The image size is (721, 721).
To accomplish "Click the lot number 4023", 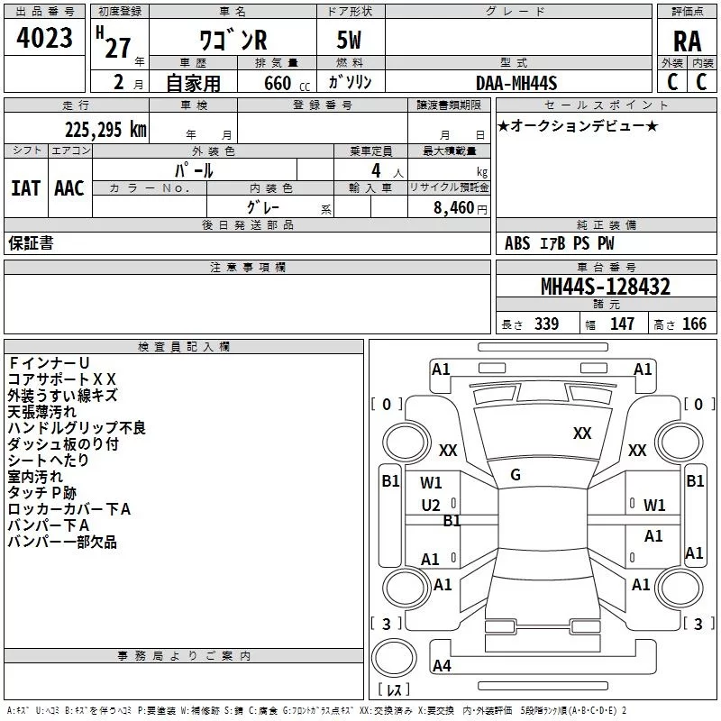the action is (x=44, y=38).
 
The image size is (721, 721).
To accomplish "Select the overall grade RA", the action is (x=687, y=41).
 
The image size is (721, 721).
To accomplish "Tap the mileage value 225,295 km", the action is (x=105, y=130).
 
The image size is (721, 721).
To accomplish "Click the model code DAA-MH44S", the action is (x=516, y=83).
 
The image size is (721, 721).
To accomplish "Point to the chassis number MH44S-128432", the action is (x=606, y=287).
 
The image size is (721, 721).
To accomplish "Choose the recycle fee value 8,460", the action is (x=453, y=208).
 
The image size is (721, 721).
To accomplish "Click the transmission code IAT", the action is (x=25, y=188).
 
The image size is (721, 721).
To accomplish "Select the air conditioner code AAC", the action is (x=69, y=188).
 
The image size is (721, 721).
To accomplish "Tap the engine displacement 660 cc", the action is (x=287, y=83).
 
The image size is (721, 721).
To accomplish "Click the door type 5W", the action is (x=349, y=40).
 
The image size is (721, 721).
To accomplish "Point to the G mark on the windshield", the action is (x=516, y=475).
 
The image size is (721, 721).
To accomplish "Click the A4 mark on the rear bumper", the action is (x=442, y=665).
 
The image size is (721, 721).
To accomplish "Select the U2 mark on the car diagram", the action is (x=431, y=506).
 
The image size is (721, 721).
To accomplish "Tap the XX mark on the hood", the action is (x=582, y=433).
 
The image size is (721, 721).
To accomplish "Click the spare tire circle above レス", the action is (x=394, y=658).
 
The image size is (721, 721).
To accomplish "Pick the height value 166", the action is (x=694, y=324).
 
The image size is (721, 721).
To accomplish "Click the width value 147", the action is (x=622, y=324).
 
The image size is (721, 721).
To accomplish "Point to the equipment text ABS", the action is (x=517, y=243).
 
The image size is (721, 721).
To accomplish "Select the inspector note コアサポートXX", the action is (x=61, y=379).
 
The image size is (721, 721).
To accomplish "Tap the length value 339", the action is (x=547, y=324).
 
